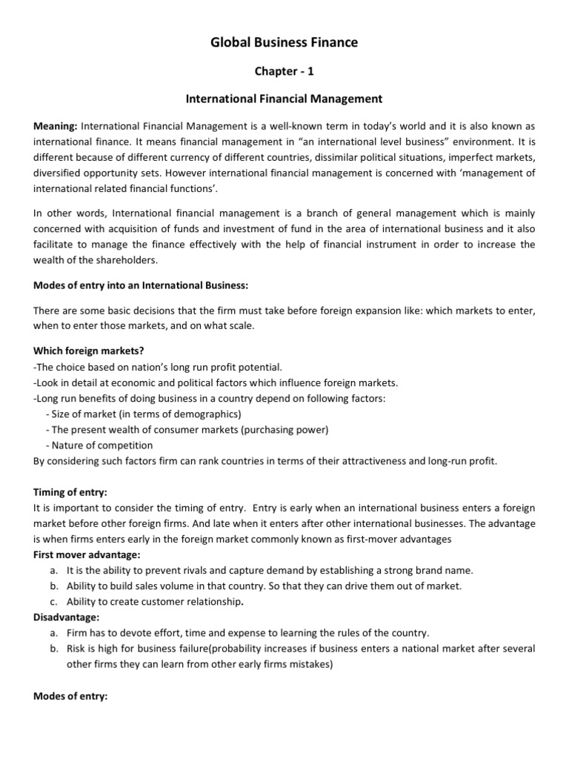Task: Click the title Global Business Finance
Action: coord(284,42)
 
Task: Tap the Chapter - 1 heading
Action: coord(284,70)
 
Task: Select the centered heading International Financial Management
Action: coord(284,98)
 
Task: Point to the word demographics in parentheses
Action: coord(210,414)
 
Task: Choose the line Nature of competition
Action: coord(102,445)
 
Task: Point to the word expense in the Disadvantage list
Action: coord(258,633)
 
